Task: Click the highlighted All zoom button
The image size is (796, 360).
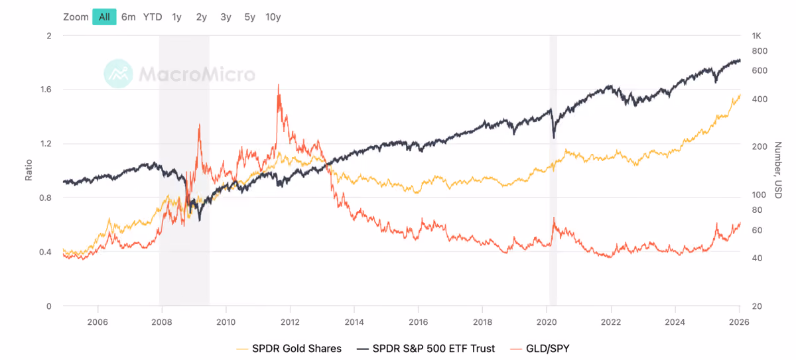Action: click(x=104, y=17)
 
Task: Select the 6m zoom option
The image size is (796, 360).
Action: click(x=128, y=17)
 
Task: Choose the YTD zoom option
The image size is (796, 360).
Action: click(x=153, y=17)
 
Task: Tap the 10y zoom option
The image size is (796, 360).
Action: click(x=273, y=17)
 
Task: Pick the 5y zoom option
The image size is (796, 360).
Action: click(x=249, y=17)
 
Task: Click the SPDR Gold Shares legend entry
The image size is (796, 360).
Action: click(x=289, y=349)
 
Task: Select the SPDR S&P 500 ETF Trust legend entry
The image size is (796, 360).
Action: click(x=426, y=349)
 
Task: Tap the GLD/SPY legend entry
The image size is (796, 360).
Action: click(x=539, y=349)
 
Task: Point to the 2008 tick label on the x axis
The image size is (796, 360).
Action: click(x=162, y=322)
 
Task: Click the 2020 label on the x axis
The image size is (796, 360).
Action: click(x=547, y=322)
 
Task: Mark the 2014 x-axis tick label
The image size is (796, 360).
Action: click(x=354, y=322)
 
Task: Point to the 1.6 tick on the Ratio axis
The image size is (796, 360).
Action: click(x=46, y=90)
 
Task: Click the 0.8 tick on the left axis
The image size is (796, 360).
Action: click(x=46, y=198)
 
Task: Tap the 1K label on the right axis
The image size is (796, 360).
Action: click(x=757, y=36)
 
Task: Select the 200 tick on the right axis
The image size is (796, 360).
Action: click(x=760, y=147)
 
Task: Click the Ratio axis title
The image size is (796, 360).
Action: click(x=29, y=170)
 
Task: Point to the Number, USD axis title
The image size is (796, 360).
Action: click(x=778, y=170)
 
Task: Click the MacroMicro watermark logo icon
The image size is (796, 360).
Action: click(x=118, y=74)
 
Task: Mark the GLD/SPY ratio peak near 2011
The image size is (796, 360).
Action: click(x=278, y=85)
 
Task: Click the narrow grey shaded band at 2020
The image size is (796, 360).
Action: click(x=553, y=170)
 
